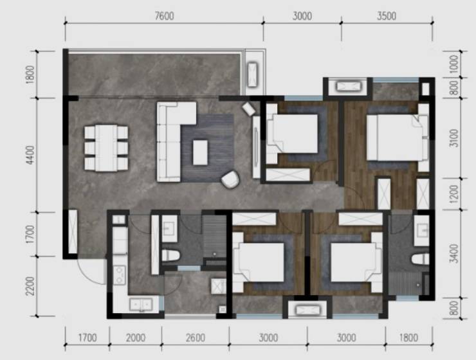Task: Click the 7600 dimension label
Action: click(164, 16)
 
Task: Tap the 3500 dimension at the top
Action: click(387, 16)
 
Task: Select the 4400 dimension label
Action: click(30, 155)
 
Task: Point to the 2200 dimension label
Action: click(30, 286)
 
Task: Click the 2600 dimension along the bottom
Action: click(195, 337)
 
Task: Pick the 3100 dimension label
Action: click(454, 138)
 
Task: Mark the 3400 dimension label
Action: click(454, 253)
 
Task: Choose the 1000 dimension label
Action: click(454, 64)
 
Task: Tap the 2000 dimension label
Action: click(135, 337)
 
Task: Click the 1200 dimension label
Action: click(454, 194)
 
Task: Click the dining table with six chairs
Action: click(106, 148)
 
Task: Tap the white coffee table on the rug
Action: click(200, 152)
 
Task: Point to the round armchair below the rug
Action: click(230, 179)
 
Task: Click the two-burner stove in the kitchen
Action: click(119, 275)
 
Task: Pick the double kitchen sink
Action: click(141, 305)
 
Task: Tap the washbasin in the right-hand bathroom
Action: click(422, 231)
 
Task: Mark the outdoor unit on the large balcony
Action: click(252, 75)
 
